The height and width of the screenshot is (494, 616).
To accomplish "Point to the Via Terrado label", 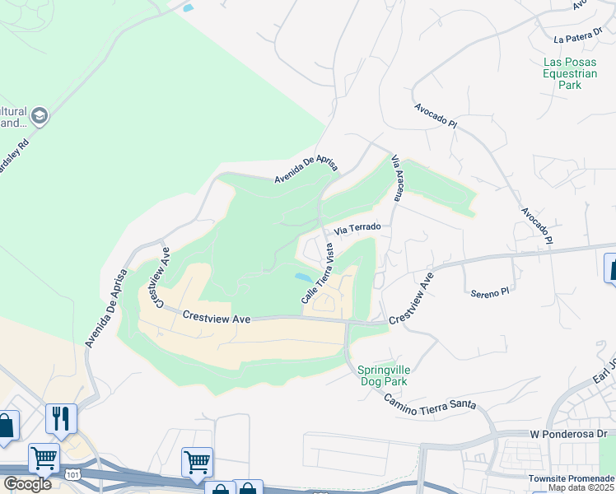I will tap(357, 227).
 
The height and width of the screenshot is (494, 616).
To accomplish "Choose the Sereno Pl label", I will tap(491, 293).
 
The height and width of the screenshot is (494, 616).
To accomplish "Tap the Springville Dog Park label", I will tap(384, 375).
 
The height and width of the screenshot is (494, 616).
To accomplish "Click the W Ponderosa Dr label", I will tap(569, 433).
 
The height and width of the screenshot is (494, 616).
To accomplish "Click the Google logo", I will tap(26, 484).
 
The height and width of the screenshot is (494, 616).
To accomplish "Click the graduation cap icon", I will tap(39, 117).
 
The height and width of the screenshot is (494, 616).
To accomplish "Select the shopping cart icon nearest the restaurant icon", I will tap(44, 458).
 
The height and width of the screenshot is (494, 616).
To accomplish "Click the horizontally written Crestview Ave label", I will tap(216, 316).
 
